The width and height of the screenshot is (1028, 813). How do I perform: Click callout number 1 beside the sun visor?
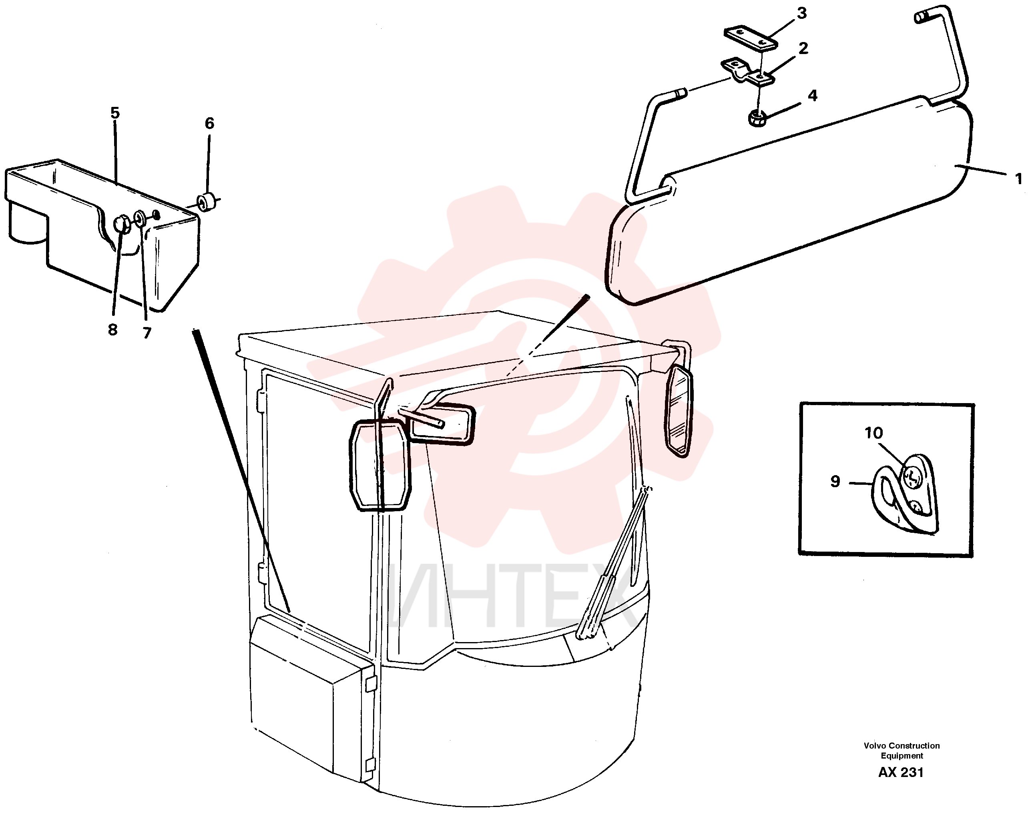click(1018, 179)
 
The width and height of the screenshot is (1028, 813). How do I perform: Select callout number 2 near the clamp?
click(803, 48)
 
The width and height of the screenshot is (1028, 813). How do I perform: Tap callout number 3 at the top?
click(802, 13)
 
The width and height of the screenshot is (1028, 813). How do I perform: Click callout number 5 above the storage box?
click(115, 113)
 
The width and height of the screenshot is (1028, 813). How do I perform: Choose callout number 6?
click(209, 123)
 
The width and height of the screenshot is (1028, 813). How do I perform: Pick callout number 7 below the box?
click(147, 333)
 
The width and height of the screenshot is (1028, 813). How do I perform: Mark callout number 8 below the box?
click(112, 329)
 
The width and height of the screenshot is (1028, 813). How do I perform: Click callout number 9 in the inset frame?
click(835, 481)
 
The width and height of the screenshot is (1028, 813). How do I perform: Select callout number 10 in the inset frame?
click(873, 433)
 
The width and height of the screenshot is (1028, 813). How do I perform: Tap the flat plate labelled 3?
click(751, 38)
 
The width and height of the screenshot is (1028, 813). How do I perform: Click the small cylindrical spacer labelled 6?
click(207, 203)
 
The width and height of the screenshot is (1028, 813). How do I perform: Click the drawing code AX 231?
click(901, 772)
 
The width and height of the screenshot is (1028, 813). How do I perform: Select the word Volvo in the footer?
click(875, 745)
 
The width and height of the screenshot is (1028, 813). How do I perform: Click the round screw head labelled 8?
click(123, 224)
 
